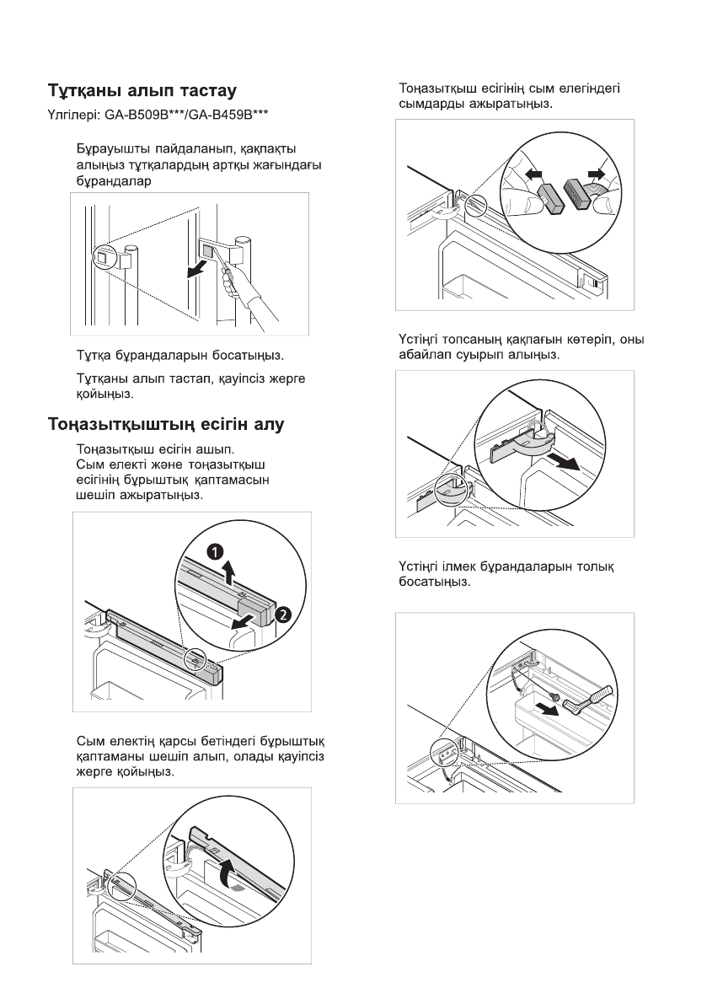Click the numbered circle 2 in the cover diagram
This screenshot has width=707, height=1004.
pyautogui.click(x=284, y=615)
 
